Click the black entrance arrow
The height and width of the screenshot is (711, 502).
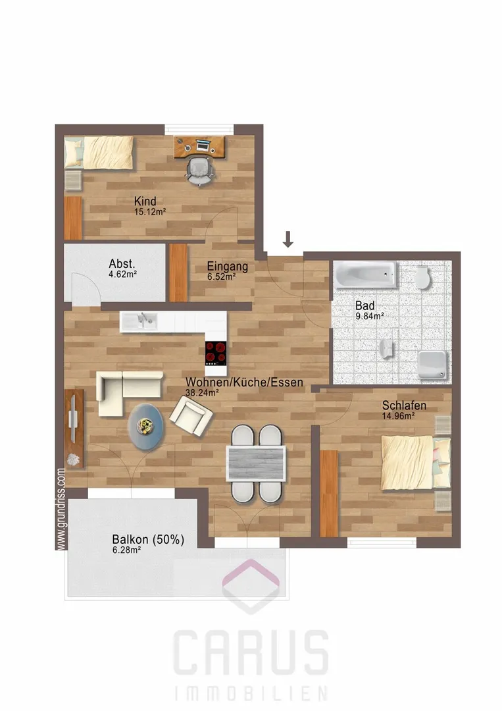tap(288, 240)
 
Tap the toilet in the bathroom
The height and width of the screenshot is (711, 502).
tap(422, 276)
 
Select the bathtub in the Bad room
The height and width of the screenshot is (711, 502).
tap(365, 274)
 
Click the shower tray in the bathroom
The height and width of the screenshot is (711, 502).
tap(432, 365)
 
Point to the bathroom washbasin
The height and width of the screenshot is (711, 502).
tap(386, 348)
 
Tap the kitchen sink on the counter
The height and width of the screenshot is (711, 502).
tap(139, 321)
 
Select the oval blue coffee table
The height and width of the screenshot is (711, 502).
tap(146, 426)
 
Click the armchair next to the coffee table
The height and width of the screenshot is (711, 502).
tap(191, 416)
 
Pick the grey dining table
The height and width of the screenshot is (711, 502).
tap(257, 463)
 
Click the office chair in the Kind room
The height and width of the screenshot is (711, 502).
tap(199, 171)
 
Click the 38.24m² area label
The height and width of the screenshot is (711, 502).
tap(202, 392)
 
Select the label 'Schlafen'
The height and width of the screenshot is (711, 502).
tap(404, 405)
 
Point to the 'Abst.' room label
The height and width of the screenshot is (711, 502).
tap(122, 263)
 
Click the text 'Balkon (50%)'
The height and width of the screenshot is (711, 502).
tap(148, 540)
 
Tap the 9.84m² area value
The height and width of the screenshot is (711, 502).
tap(370, 316)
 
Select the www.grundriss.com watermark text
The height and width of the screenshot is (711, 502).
tap(61, 509)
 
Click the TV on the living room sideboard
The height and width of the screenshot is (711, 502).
tap(72, 417)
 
